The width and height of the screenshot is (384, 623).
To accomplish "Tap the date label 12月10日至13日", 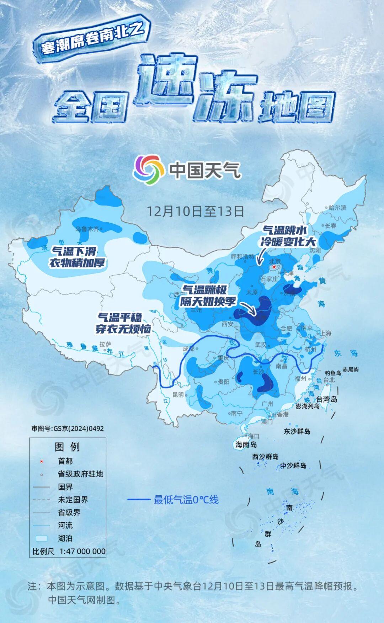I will click(195, 211).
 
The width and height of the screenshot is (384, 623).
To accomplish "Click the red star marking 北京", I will click(274, 267).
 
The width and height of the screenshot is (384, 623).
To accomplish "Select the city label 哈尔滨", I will click(337, 208).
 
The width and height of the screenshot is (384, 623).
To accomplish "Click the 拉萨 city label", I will click(106, 344).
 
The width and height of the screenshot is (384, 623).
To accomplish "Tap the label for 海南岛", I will click(246, 444).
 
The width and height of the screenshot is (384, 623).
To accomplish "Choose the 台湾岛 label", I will click(326, 399).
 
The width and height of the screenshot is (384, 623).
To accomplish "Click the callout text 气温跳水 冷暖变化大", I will click(288, 236).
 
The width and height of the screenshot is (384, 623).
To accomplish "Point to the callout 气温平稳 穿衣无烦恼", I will click(123, 323).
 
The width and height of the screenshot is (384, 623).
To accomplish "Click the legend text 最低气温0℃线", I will click(186, 500).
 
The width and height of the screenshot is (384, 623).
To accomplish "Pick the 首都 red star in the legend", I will click(42, 462).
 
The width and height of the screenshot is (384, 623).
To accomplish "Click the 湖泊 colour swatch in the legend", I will click(41, 538).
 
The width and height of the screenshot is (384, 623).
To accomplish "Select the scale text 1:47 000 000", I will click(82, 551).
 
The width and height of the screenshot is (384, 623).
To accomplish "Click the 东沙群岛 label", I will click(297, 431).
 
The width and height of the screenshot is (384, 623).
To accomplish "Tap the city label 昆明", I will click(178, 395).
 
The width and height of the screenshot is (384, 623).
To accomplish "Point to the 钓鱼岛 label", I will click(333, 373).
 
